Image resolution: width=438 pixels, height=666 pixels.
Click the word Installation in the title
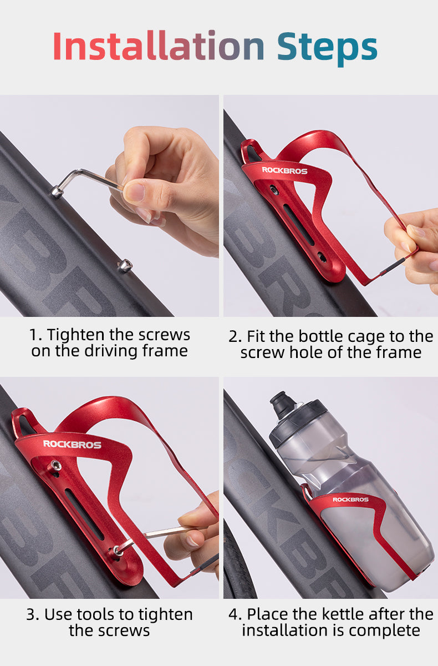158,47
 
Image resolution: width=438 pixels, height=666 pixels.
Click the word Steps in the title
327,47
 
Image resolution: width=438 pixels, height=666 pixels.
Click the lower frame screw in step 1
125,265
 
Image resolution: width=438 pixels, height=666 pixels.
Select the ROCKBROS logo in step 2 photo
284,170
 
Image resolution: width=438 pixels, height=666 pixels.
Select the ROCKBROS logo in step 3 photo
72,444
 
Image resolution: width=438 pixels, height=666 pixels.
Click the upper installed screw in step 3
55,465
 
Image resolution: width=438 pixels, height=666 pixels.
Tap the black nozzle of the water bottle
283,405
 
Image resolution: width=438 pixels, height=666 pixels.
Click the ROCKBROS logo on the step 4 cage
350,500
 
